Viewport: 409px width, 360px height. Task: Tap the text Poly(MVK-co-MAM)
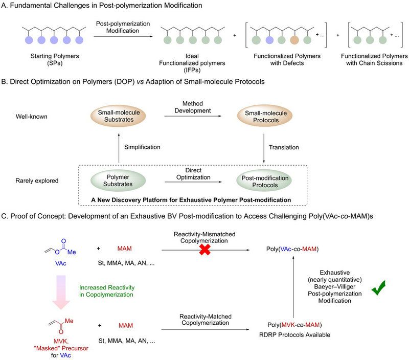click(x=294, y=325)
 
